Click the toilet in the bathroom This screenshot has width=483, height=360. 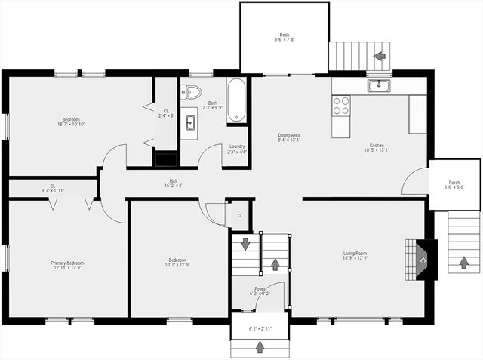(192, 92)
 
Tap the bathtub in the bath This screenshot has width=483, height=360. (236, 100)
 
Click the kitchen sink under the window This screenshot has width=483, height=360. (378, 85)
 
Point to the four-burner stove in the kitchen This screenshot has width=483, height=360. (341, 105)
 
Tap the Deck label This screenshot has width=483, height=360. (284, 35)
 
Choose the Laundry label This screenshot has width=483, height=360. (235, 146)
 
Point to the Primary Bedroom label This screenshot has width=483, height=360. (67, 263)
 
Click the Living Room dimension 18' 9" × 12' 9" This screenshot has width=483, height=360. (355, 259)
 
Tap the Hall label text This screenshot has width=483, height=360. (173, 181)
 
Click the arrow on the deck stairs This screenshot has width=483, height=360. (379, 55)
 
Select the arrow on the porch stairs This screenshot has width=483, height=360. (463, 264)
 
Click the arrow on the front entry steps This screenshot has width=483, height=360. (260, 347)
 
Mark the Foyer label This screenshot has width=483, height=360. (259, 288)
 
